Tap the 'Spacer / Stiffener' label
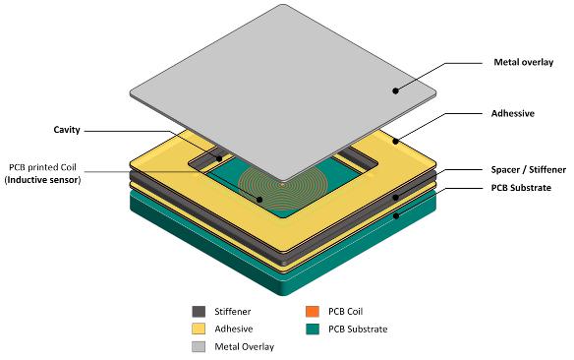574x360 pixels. pos(519,169)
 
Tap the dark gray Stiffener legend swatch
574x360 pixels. pos(201,312)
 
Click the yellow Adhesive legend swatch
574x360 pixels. pos(201,329)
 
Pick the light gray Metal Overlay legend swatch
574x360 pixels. pos(201,345)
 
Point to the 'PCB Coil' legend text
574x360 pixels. pos(349,312)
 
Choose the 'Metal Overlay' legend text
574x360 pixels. pos(247,346)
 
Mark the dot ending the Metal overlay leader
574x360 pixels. pos(395,90)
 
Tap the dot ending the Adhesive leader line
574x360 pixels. pos(395,141)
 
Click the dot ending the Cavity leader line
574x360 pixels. pos(216,156)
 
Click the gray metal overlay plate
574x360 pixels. pos(285,98)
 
